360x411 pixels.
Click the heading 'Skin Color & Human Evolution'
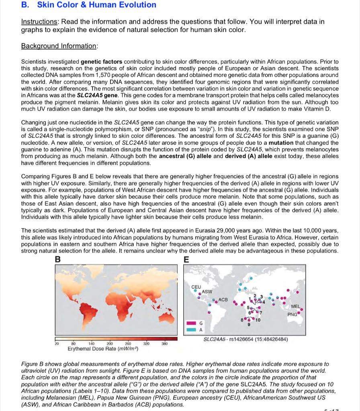[x=96, y=5]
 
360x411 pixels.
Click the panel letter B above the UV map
[x=58, y=260]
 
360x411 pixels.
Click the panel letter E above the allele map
[x=185, y=260]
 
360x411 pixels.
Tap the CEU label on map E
[x=196, y=287]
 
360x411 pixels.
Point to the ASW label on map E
[x=207, y=291]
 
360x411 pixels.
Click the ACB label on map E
[x=223, y=300]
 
